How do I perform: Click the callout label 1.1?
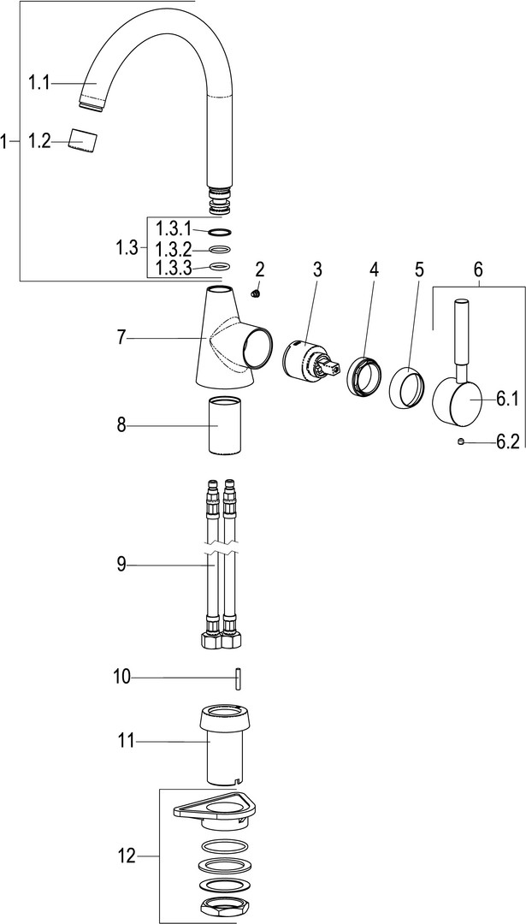(39, 84)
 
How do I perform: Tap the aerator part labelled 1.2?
(83, 141)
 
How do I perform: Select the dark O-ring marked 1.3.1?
(219, 231)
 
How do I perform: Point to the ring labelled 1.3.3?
(219, 266)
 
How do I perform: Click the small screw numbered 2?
(256, 293)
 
